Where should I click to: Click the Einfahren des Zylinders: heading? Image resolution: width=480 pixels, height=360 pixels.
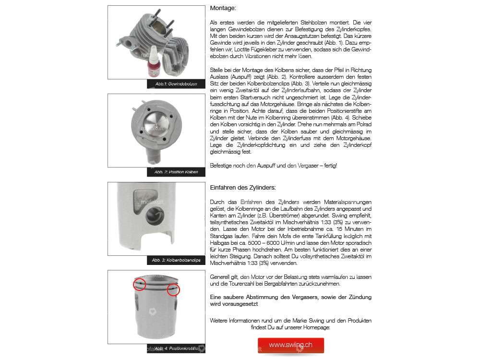(x=243, y=187)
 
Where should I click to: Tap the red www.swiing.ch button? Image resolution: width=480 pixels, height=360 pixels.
(x=290, y=345)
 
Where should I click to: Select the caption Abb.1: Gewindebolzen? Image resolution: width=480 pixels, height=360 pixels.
(x=176, y=84)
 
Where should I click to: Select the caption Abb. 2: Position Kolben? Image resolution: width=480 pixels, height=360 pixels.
(x=177, y=172)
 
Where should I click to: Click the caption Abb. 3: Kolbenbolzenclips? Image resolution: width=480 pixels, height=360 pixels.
(x=176, y=260)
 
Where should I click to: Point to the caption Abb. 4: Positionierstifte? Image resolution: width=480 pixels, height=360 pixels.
(x=176, y=348)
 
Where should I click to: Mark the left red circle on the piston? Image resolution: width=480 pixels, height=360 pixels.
(x=140, y=284)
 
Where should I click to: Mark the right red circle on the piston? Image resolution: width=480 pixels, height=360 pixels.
(x=173, y=290)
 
